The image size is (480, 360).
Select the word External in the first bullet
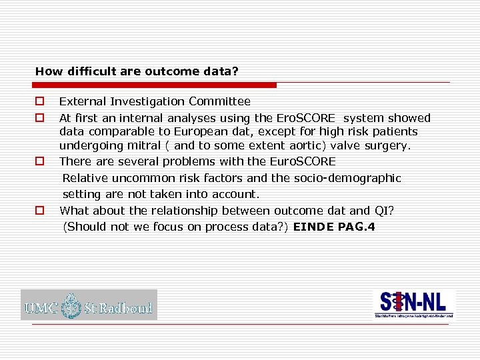coord(79,101)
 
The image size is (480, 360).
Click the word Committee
coord(219,101)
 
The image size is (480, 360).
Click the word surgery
coord(389,145)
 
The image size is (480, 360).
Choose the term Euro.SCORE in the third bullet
coord(303,161)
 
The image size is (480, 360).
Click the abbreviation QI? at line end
coord(384,211)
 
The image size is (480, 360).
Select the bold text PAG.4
coord(356,227)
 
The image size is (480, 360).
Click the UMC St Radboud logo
coord(89,305)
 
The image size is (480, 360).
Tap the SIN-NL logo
coord(413,304)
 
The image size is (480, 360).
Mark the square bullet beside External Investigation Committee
coord(40,101)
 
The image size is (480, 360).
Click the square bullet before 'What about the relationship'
coord(40,211)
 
